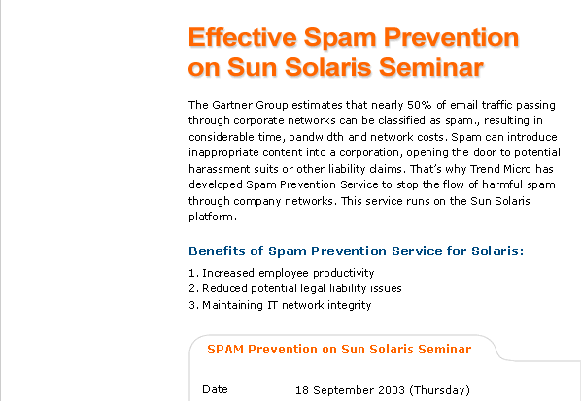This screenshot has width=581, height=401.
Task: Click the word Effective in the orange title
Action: pos(243,37)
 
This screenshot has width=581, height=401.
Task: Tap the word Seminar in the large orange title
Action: pos(431,67)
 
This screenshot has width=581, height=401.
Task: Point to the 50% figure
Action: pos(420,105)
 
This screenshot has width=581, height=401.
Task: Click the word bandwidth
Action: pos(316,137)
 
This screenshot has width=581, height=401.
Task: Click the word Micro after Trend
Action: pos(517,169)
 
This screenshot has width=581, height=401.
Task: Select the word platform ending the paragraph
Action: pos(211,217)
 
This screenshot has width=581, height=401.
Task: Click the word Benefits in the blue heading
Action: pos(217,251)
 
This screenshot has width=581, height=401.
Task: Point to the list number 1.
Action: pos(192,273)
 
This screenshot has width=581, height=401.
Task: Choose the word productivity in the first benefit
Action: pos(344,273)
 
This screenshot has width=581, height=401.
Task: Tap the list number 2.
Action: pos(192,288)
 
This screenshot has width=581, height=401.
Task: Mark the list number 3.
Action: pos(192,305)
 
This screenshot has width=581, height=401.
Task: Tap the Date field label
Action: pos(215,389)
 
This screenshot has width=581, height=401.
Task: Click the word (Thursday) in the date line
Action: pos(439,390)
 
